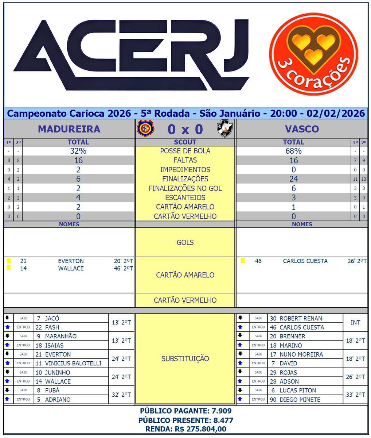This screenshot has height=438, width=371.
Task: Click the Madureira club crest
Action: tap(145, 129)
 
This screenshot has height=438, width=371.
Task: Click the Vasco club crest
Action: tap(225, 129)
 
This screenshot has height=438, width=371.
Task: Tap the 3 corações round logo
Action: tap(313, 54)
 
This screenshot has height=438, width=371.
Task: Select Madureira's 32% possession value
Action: tap(78, 151)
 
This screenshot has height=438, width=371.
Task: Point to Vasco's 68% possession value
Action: tap(293, 151)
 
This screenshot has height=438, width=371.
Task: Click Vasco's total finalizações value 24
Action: tap(293, 179)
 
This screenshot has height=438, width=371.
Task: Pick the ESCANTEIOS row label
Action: tap(185, 197)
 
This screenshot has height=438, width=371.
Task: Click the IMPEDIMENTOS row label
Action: tap(185, 170)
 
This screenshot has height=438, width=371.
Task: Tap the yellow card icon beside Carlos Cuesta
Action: tap(242, 261)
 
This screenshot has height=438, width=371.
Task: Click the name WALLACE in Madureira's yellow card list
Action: tap(71, 268)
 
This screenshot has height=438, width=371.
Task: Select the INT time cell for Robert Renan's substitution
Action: tap(355, 323)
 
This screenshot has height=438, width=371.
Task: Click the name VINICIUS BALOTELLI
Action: tap(73, 363)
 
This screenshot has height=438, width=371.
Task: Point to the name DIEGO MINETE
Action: tap(300, 399)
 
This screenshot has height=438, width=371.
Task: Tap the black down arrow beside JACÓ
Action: tap(7, 318)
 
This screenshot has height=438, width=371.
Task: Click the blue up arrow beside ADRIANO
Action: tap(7, 399)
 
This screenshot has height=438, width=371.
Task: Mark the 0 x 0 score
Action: tap(185, 129)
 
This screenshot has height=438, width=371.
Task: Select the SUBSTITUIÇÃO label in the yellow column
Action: tap(185, 359)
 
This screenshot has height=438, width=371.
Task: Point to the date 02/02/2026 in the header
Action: tap(336, 114)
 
